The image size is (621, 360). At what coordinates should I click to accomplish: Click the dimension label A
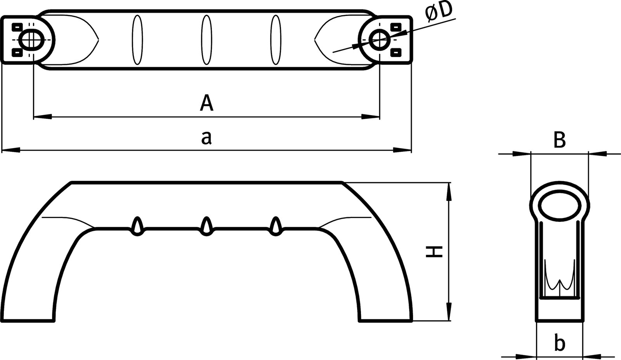pos(206,103)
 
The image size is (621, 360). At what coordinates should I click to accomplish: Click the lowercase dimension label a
pos(206,137)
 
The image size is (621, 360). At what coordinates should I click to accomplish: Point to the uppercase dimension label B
pos(559,140)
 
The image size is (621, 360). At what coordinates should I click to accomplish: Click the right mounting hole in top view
pos(378,39)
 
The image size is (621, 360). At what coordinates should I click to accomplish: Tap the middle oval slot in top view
pos(206,40)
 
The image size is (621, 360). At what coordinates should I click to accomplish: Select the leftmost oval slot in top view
pos(137,40)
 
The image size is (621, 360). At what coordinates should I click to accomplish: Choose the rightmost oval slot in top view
pos(276,40)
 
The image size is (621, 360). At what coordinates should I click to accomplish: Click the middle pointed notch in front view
pos(206,225)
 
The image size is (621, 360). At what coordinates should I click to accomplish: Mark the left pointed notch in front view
pos(137,225)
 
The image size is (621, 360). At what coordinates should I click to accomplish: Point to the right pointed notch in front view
pos(276,225)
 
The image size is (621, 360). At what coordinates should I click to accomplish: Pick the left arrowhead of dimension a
pos(9,149)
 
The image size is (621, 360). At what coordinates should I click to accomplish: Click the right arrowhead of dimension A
pos(371,116)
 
